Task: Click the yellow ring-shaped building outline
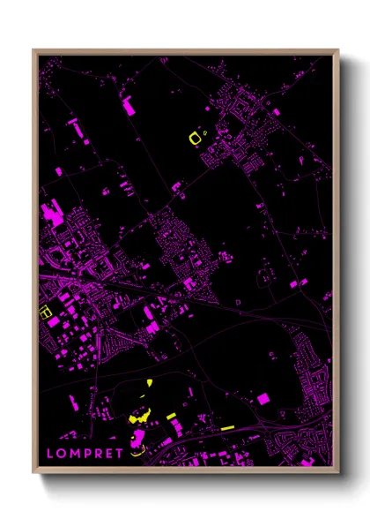196,137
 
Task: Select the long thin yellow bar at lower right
226,427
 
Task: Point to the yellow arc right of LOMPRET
136,451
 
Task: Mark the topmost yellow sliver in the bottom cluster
149,382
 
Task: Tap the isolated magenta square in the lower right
263,399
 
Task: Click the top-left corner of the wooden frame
33,50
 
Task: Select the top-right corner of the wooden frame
338,50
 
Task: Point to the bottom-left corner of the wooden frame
33,474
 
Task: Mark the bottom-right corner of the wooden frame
338,474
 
